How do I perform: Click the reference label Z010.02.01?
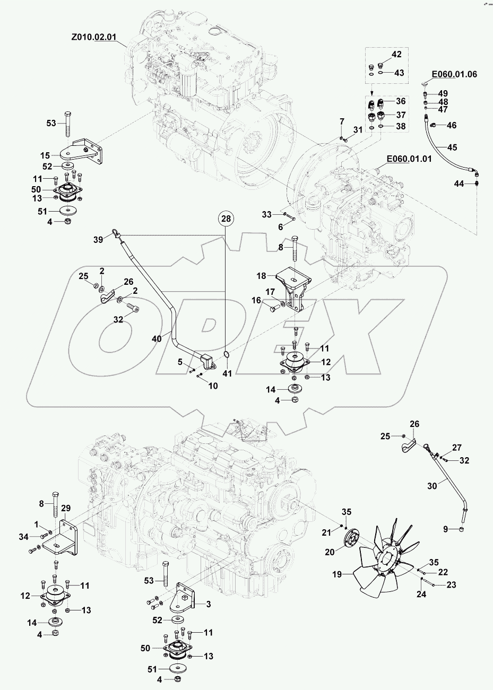93,38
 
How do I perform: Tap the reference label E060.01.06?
454,74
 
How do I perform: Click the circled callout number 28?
226,219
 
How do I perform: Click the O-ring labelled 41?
226,354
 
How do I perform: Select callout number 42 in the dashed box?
396,54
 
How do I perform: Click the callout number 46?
452,126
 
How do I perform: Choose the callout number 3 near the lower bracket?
208,604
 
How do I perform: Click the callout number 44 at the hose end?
458,183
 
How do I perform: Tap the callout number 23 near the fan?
451,585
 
